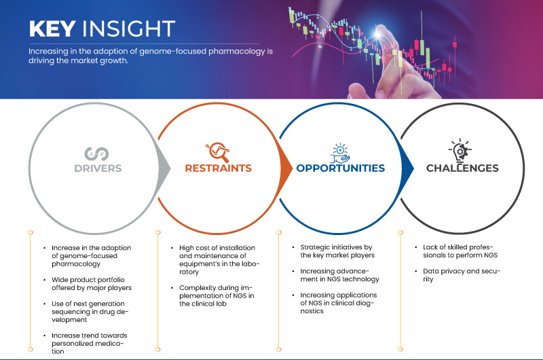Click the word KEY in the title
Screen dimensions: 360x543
click(x=52, y=29)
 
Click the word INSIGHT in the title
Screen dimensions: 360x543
click(x=128, y=29)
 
